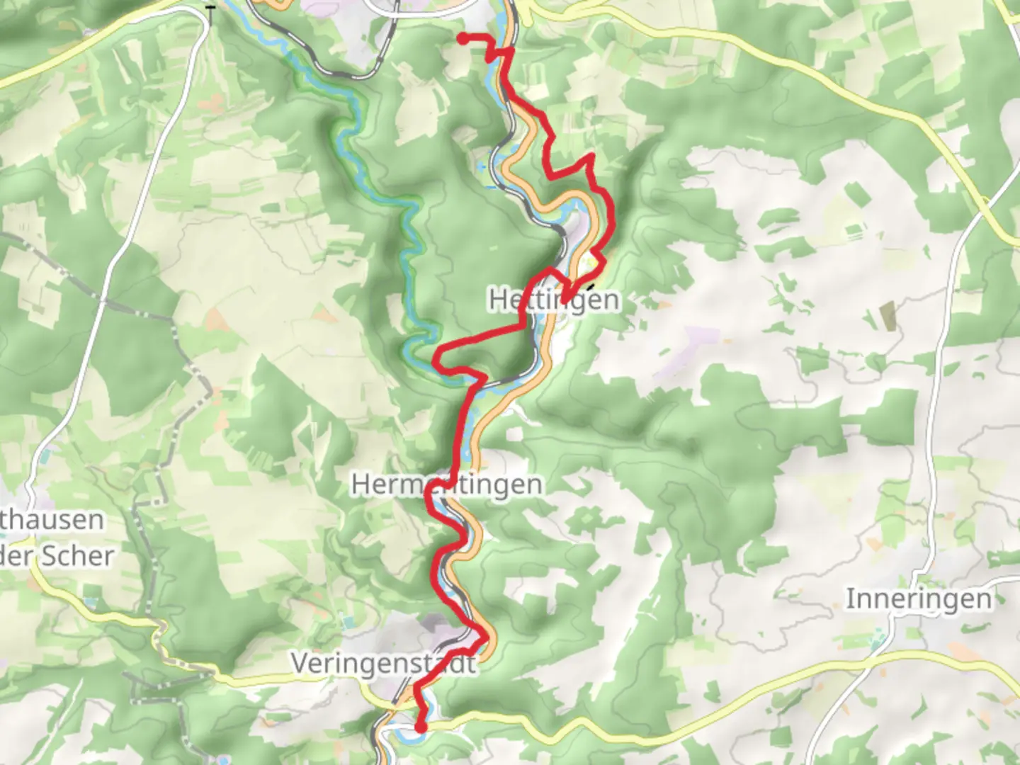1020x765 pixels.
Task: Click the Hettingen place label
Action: tap(554, 300)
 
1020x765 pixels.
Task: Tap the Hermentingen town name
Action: tap(447, 485)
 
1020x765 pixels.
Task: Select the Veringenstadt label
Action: tap(383, 664)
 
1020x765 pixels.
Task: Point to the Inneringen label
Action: tap(919, 599)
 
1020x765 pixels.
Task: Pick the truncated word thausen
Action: tap(52, 520)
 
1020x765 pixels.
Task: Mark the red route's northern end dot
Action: tap(463, 39)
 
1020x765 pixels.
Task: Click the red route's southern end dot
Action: tap(420, 727)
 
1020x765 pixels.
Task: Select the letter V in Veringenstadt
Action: tap(300, 664)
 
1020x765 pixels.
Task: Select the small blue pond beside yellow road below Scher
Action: tap(91, 603)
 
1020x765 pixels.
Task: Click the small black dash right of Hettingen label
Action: tap(589, 290)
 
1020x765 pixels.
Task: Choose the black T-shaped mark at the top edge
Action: tap(210, 6)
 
